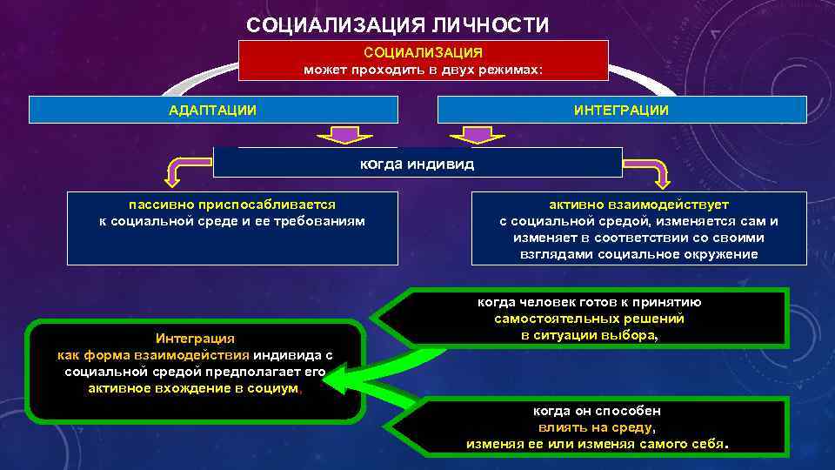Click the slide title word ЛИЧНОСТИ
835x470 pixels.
coord(486,25)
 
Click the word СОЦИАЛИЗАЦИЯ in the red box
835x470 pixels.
coord(423,52)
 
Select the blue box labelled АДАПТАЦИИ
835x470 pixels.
coord(213,110)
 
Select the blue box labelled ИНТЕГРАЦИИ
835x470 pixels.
coord(621,110)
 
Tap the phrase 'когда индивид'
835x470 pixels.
coord(417,163)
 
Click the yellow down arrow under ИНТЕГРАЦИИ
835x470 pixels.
coord(476,135)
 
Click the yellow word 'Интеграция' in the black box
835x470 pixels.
coord(195,338)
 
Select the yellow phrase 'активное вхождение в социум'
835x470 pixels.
coord(193,388)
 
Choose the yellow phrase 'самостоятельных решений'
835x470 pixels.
coord(589,319)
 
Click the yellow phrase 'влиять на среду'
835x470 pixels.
coord(596,427)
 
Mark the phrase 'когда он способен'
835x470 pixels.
coord(596,411)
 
